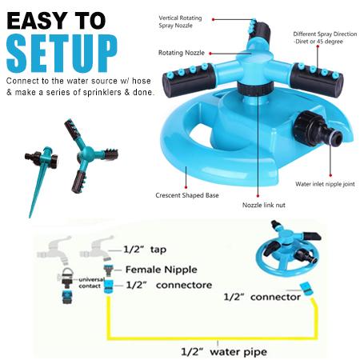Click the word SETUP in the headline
62,54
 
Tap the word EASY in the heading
38,21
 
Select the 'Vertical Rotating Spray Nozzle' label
180,22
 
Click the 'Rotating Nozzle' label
182,53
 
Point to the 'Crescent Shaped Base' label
187,195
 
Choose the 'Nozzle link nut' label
264,205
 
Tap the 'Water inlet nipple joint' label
325,184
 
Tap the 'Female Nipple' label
161,270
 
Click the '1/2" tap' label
145,250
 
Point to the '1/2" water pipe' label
224,352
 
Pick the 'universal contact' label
91,282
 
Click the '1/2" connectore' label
169,285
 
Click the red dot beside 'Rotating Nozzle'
210,54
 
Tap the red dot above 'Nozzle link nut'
258,196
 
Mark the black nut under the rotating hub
255,89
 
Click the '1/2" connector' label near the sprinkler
262,297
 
